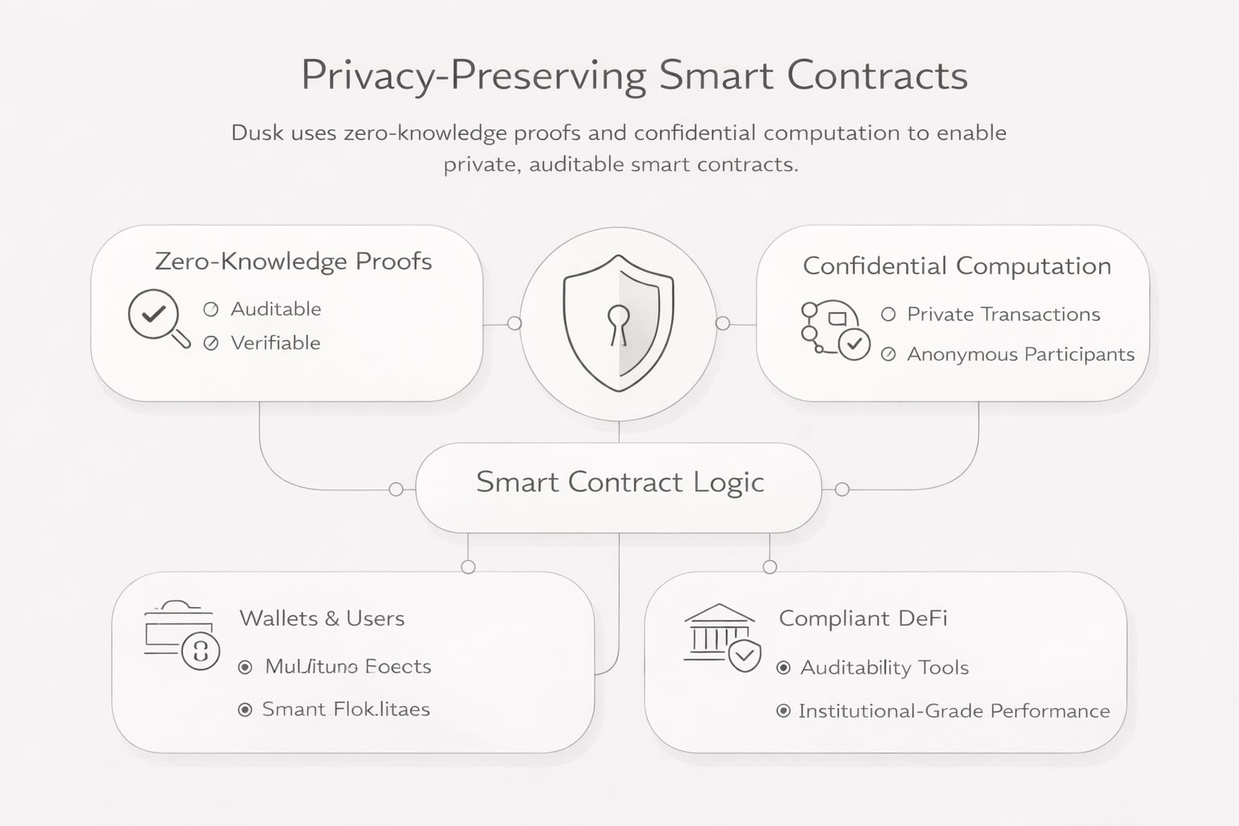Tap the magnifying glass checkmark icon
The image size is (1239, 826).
click(156, 317)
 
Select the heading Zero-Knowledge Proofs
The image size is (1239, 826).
click(293, 261)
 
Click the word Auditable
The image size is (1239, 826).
click(276, 309)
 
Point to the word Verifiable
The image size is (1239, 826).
click(276, 343)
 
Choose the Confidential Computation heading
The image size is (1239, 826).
click(957, 266)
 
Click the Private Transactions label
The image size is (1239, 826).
click(1003, 315)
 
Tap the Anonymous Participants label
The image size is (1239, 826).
click(1020, 354)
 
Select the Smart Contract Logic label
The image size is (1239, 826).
click(619, 482)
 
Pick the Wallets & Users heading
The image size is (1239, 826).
click(322, 619)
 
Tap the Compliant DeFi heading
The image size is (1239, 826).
click(862, 619)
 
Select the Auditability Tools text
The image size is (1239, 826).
click(884, 668)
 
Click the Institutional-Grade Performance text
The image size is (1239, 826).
click(953, 711)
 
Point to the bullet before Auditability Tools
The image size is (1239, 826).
click(782, 668)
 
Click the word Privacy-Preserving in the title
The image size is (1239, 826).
click(473, 76)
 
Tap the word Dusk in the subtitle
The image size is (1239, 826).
click(257, 133)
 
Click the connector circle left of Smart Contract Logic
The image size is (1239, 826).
click(396, 489)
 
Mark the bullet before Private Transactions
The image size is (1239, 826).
click(888, 315)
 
